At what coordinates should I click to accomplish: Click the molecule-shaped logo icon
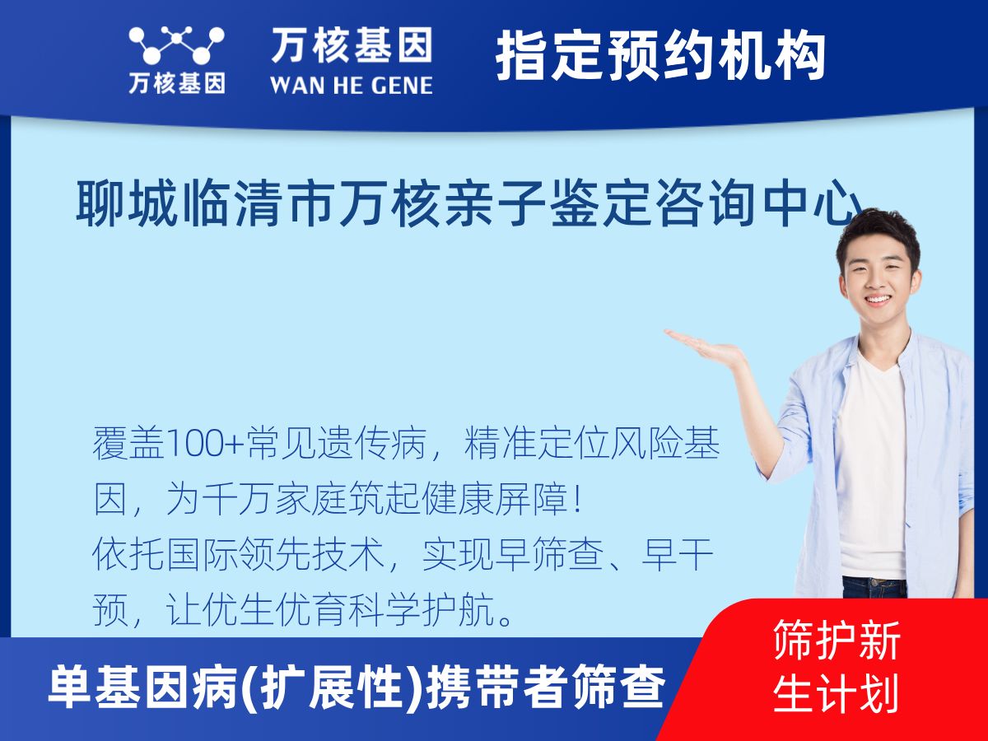tap(176, 45)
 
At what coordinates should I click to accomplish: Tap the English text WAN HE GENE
tap(352, 86)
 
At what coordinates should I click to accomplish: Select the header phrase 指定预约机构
tap(661, 56)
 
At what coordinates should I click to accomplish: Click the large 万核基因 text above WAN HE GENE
tap(352, 45)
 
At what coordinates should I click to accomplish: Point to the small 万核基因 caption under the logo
tap(177, 84)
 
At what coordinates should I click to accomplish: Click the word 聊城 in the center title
tap(126, 204)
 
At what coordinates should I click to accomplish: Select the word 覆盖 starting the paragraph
tap(128, 444)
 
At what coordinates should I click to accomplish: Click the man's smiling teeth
tap(878, 299)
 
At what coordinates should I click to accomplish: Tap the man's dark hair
tap(878, 235)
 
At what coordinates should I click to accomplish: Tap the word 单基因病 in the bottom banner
tap(143, 687)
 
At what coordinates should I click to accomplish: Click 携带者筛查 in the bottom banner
tap(546, 687)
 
